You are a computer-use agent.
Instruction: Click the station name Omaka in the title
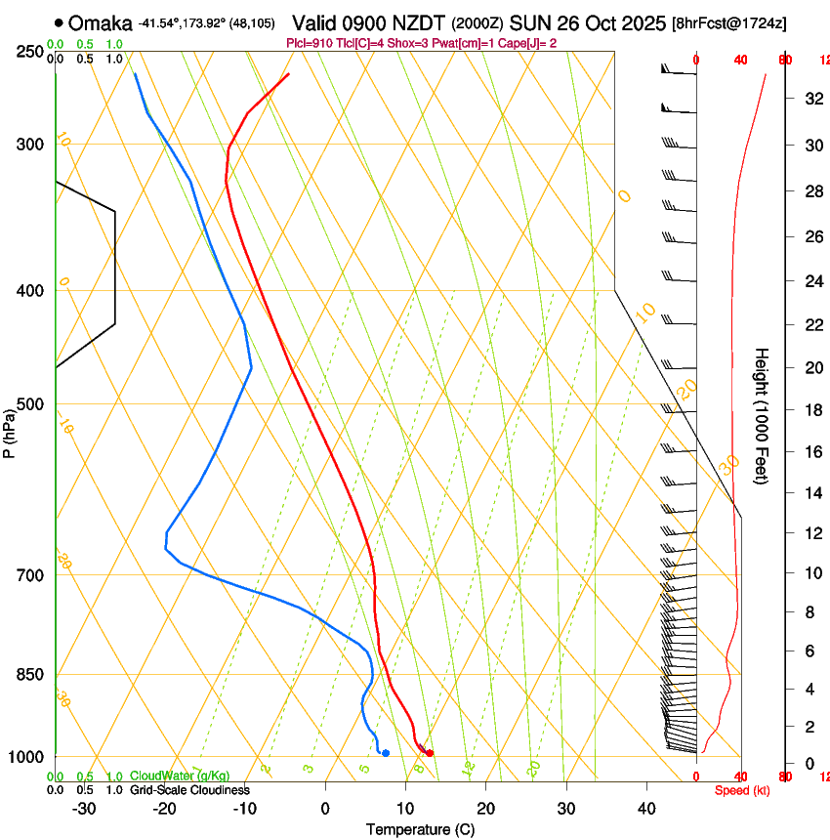tap(101, 21)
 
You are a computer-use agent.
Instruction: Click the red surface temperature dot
tap(429, 752)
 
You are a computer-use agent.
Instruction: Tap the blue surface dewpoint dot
tap(386, 752)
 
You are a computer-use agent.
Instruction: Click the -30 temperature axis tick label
tap(84, 809)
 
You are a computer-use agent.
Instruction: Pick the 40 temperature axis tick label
tap(645, 809)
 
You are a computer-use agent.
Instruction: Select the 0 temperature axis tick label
tap(325, 809)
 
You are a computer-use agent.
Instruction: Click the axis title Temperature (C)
tap(420, 830)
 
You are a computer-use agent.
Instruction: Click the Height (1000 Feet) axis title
tap(763, 415)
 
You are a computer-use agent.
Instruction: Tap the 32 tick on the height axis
tap(811, 99)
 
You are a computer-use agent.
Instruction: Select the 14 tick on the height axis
tap(811, 493)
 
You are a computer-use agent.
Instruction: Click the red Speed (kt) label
tap(742, 790)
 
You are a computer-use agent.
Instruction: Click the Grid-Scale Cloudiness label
tap(189, 790)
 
